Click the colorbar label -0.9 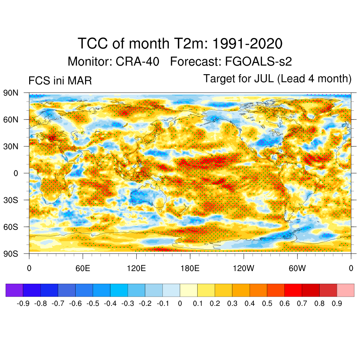(x=23, y=303)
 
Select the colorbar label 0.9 (x=337, y=303)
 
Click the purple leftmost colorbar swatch (x=14, y=290)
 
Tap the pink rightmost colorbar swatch (x=346, y=290)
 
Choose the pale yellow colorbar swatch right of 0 (x=188, y=290)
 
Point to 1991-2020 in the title (x=247, y=44)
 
